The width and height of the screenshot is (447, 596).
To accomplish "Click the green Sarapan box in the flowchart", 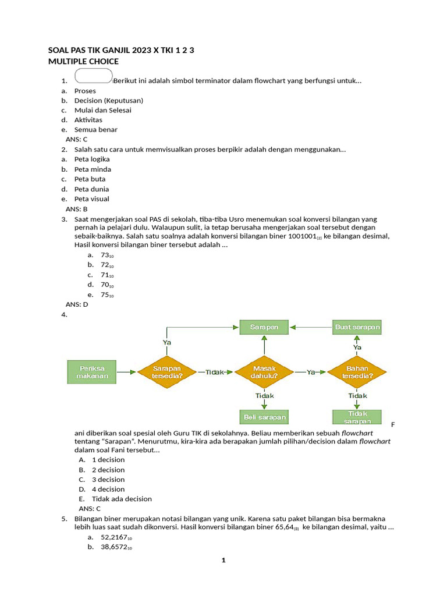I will click(264, 327).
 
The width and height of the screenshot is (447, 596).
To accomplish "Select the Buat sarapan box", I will click(357, 327).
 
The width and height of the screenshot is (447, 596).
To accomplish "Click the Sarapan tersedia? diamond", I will click(167, 372).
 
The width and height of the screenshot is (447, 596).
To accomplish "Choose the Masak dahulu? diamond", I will click(264, 372).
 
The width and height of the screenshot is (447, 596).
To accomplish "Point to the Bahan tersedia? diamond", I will click(357, 372).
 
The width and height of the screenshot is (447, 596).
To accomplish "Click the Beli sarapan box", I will click(264, 417).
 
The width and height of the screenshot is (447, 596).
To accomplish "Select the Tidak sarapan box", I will click(357, 417).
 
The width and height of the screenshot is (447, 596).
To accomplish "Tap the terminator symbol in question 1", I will click(94, 77).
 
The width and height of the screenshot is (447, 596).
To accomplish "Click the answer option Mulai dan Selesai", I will click(103, 110).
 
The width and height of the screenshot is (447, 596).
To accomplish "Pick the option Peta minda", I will click(93, 169).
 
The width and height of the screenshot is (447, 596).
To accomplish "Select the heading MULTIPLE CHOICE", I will click(84, 61).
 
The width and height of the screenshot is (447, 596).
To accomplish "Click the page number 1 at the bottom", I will click(223, 560).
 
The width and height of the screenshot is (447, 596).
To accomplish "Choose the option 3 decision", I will click(108, 480).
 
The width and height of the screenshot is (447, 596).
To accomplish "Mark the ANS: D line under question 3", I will click(76, 304).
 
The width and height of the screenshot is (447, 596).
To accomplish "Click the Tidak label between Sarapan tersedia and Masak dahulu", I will click(215, 372).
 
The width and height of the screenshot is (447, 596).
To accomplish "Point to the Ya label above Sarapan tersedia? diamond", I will click(167, 343).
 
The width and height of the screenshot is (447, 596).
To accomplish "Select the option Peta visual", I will click(92, 199).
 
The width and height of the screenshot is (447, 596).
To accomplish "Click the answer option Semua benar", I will click(96, 130).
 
